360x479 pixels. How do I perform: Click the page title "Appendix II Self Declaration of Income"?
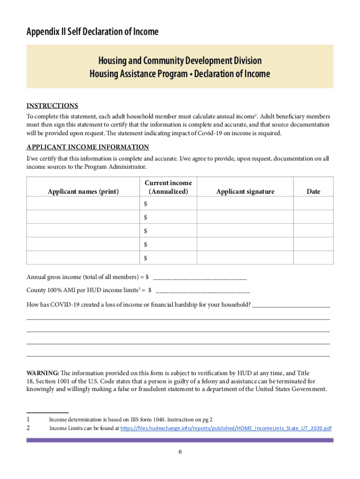pos(93,32)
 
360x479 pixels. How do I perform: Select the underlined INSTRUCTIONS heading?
pos(52,106)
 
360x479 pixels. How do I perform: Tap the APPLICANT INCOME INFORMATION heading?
pos(87,147)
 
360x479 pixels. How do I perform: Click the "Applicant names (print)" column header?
pos(83,191)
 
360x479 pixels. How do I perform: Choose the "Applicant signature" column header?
pos(245,191)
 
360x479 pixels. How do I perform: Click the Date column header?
pos(313,191)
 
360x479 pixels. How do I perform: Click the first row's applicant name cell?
pos(83,203)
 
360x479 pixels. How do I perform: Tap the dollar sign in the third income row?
pos(145,231)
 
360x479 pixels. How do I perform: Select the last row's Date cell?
pos(313,258)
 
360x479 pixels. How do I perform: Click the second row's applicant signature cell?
pos(245,217)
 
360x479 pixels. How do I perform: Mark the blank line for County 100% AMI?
pos(202,291)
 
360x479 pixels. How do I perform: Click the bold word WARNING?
pos(43,373)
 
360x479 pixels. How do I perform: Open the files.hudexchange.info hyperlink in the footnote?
pos(226,428)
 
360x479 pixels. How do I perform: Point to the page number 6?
pos(180,452)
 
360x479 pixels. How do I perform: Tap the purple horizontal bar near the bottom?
pos(180,440)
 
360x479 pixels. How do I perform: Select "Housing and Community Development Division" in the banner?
pos(180,61)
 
